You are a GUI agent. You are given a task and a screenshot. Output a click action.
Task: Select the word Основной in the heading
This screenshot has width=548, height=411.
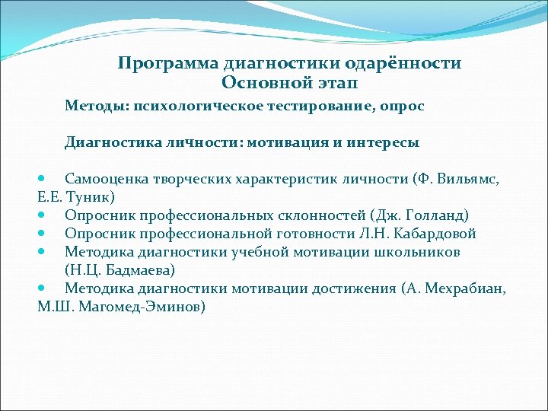260,82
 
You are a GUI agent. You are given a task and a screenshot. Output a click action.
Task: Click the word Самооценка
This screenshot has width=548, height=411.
107,179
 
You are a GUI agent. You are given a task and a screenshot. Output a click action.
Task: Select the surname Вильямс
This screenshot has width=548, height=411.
466,179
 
